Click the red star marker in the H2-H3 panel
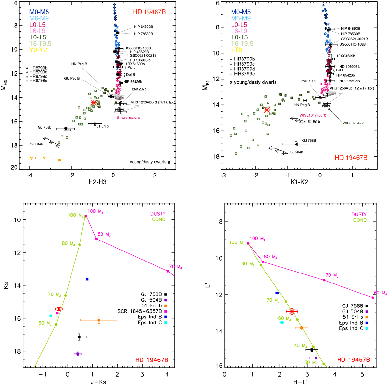[94, 102]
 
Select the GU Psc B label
[72, 78]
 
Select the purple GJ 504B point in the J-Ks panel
[77, 354]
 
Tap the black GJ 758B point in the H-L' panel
[312, 349]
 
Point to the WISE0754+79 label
[355, 123]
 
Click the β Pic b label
[130, 68]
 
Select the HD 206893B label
[350, 81]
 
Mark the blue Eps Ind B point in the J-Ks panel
[87, 279]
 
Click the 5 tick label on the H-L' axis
[362, 374]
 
